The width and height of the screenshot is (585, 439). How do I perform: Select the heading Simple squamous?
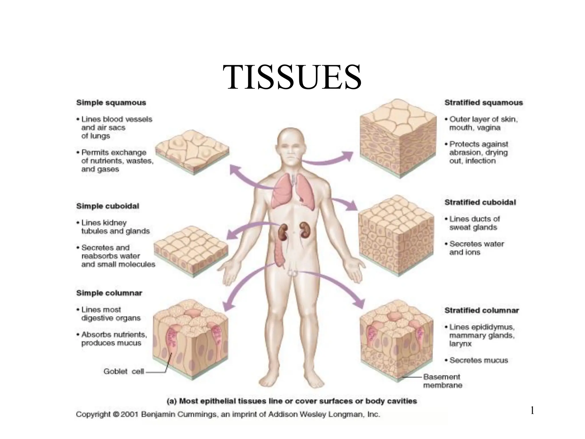[x=111, y=103]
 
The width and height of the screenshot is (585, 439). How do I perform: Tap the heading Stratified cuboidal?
[x=480, y=202]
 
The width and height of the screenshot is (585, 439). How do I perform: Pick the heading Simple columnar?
[x=109, y=293]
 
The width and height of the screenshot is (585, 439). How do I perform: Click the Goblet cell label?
[x=123, y=371]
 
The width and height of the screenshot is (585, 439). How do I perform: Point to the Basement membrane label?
[x=442, y=381]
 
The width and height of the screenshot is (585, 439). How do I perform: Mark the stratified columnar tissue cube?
[x=398, y=340]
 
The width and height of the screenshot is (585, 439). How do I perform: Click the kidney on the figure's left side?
[x=283, y=232]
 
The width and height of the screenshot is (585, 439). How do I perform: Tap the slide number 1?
[x=532, y=411]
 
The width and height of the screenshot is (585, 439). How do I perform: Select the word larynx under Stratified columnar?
[x=460, y=344]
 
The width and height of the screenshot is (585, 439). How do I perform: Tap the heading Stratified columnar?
[x=482, y=310]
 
